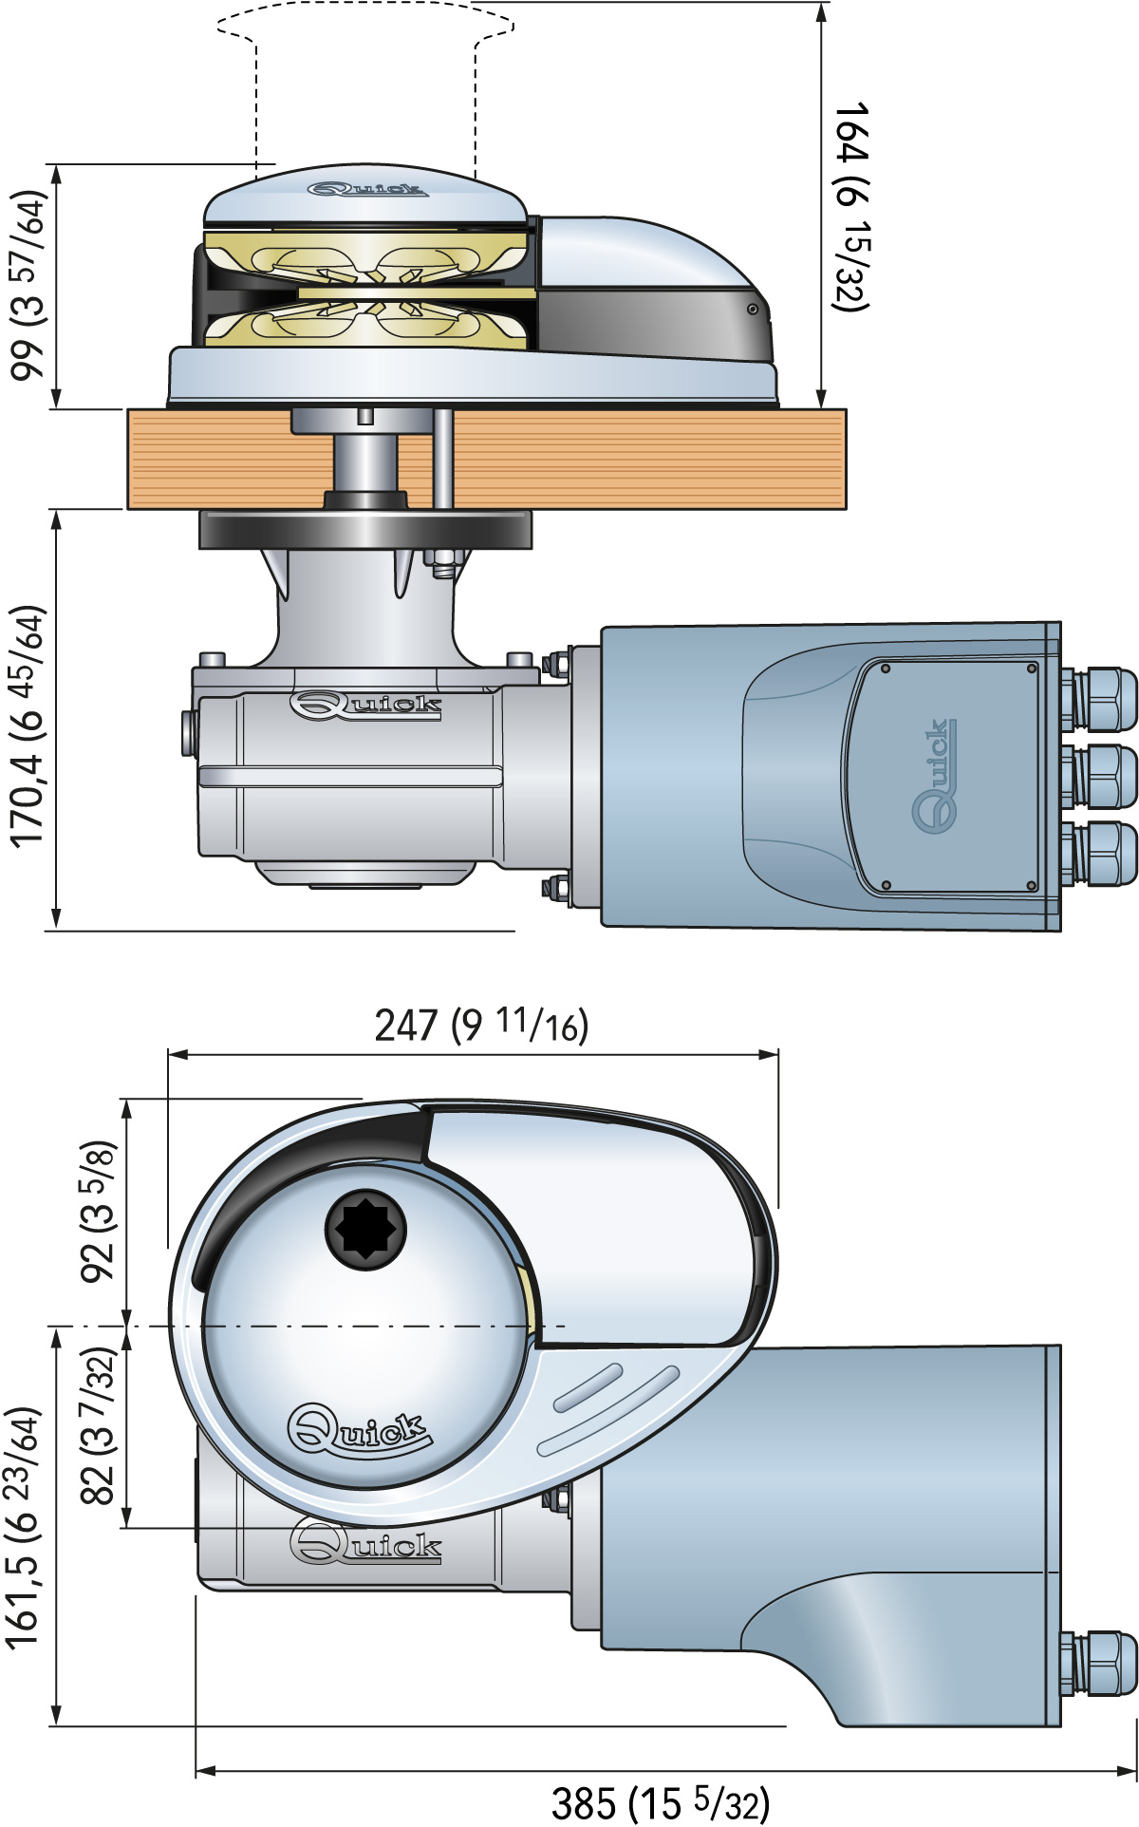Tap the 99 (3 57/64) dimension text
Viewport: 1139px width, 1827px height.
tap(28, 285)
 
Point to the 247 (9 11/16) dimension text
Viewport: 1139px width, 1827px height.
tap(481, 1025)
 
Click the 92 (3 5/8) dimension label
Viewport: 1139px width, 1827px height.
tap(99, 1211)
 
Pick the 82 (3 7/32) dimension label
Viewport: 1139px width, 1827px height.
tap(99, 1425)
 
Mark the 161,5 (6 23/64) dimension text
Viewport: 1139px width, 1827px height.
tap(23, 1528)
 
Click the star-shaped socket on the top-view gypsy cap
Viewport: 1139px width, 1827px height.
tap(365, 1226)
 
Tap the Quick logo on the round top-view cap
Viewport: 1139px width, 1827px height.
tap(358, 1429)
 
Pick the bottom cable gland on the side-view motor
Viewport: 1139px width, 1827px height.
tap(1101, 853)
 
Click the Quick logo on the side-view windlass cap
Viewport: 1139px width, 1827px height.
tap(365, 190)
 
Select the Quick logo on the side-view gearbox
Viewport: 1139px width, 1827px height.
tap(365, 706)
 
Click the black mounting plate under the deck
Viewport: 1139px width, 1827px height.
tap(364, 529)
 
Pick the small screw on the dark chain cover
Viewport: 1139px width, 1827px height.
tap(752, 310)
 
